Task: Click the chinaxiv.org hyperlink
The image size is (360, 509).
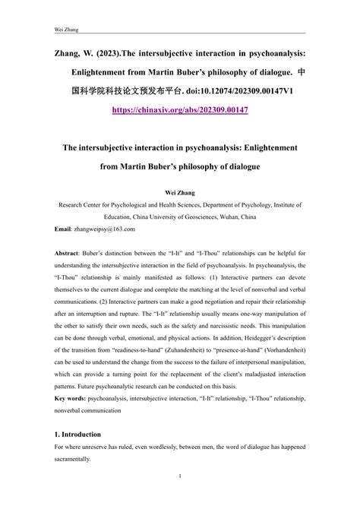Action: [179, 109]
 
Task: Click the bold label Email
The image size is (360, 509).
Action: [64, 229]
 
